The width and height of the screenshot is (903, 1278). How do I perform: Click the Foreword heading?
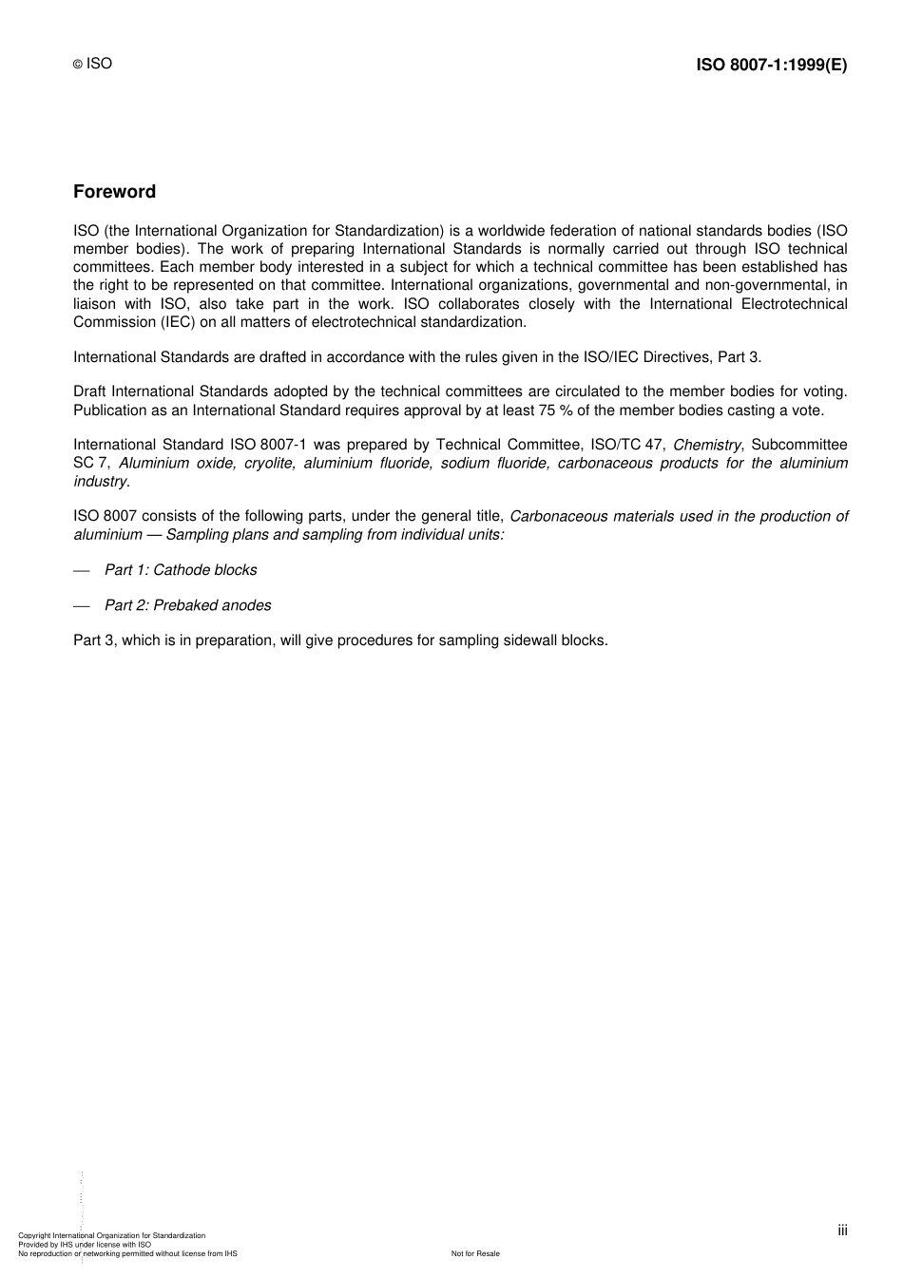click(114, 192)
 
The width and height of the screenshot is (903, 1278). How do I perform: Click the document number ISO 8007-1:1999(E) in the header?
click(771, 65)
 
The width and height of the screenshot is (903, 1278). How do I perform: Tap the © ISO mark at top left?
click(92, 64)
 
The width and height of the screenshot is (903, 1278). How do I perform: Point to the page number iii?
click(842, 1230)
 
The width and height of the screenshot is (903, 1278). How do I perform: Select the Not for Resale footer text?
click(475, 1253)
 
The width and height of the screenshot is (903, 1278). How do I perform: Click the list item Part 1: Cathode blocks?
click(181, 570)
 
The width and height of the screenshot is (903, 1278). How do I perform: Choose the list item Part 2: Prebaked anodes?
click(187, 605)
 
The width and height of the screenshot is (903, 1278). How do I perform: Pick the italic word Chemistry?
click(706, 445)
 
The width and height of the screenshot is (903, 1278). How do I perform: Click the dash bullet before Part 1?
click(82, 570)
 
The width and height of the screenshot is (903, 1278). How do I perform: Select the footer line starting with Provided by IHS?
click(85, 1244)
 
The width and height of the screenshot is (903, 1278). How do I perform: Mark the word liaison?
click(93, 303)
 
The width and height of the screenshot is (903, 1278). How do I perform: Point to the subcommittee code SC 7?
click(91, 463)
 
